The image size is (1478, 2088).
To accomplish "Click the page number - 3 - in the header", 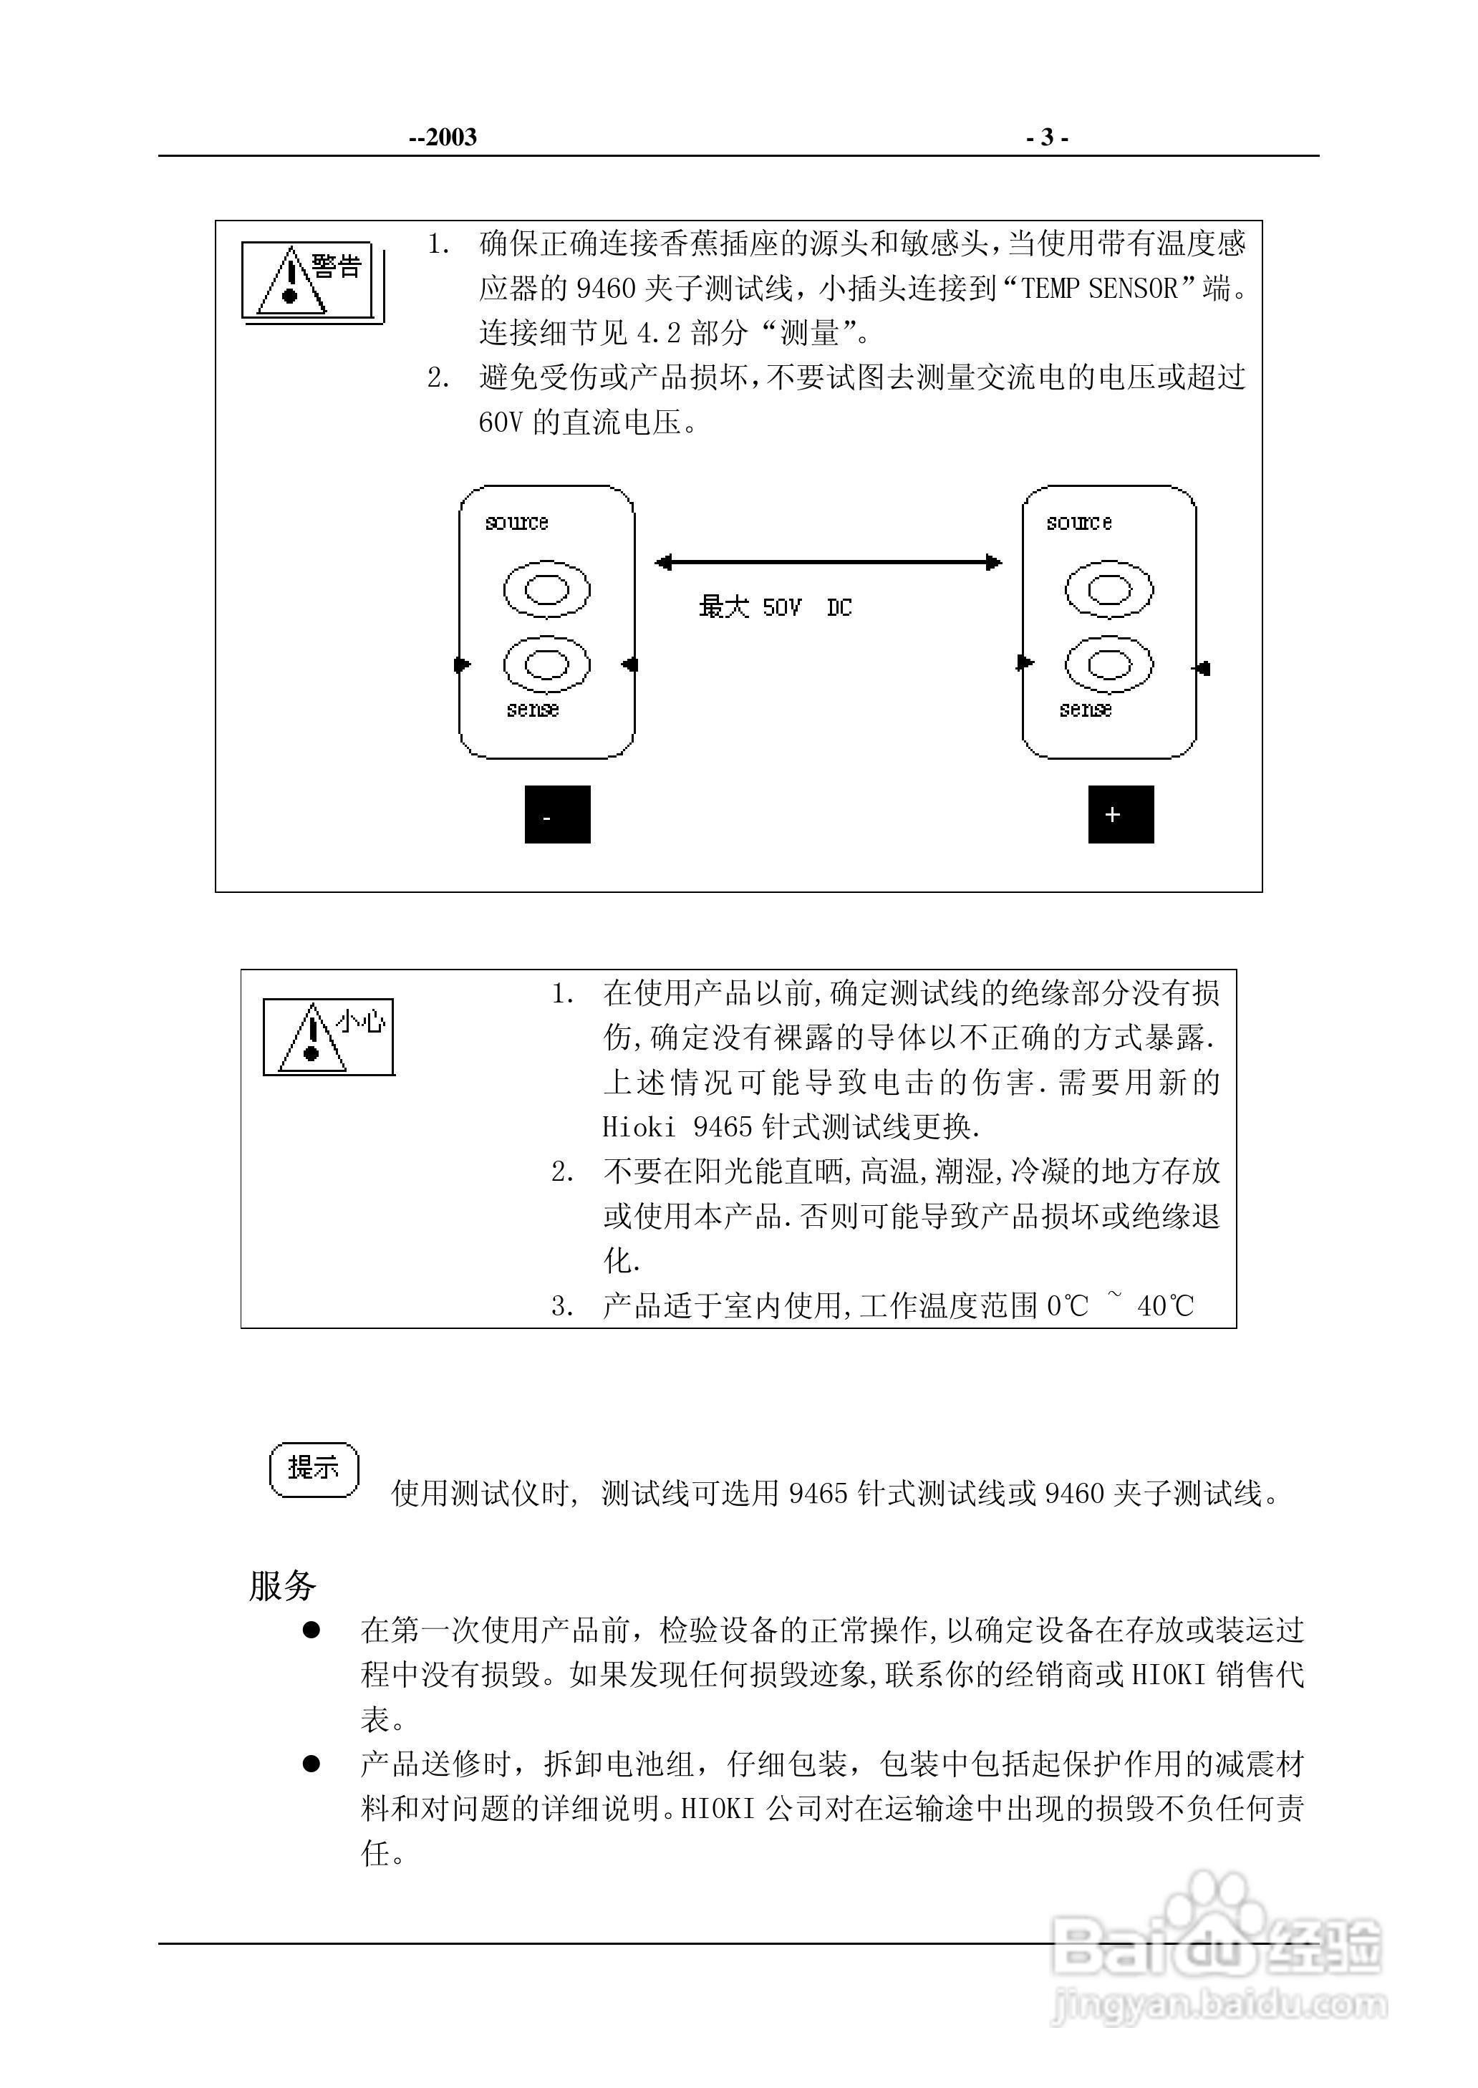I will (1047, 137).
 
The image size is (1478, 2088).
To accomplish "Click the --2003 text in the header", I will (443, 137).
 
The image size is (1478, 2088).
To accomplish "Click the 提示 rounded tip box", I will (314, 1467).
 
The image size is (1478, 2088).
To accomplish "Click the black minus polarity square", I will (557, 814).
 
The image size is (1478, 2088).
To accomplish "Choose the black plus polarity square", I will (1121, 814).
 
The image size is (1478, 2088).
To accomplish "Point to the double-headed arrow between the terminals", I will (829, 563).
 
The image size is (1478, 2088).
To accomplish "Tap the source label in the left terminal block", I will (517, 522).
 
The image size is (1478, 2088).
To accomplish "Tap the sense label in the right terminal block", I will (1085, 710).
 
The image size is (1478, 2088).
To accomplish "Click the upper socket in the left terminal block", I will (546, 589).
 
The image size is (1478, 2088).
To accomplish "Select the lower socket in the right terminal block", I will (1108, 664).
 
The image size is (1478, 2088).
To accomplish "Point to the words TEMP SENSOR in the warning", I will (1101, 289).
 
